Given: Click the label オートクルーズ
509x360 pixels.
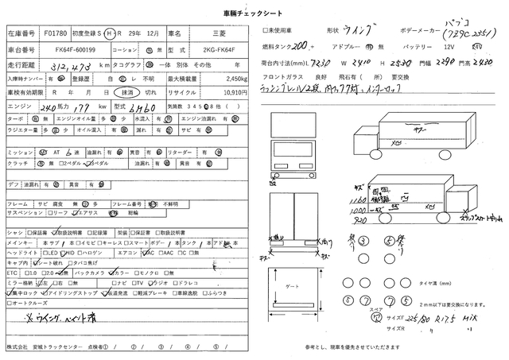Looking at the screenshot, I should [x=32, y=303].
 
